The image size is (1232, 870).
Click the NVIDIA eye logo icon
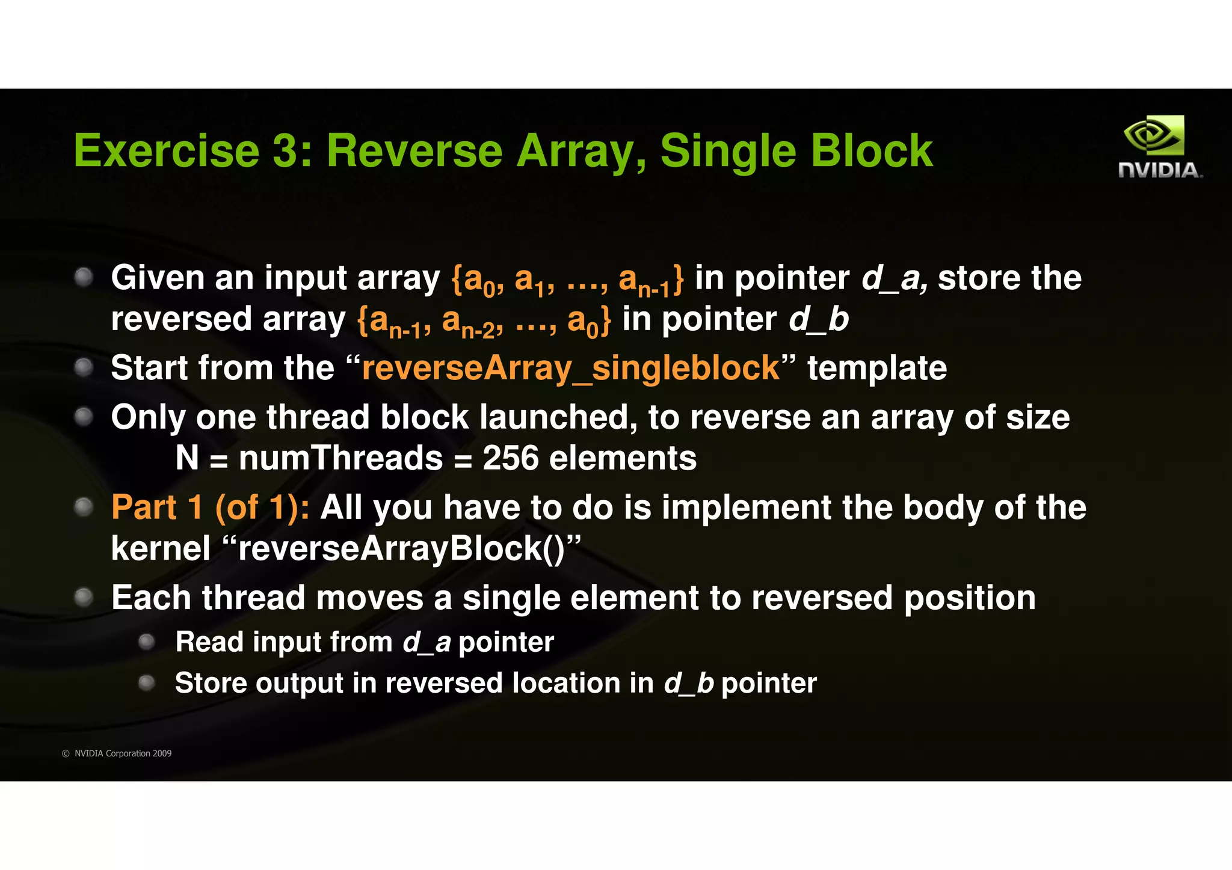(x=1153, y=135)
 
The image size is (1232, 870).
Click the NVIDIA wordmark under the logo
(x=1160, y=171)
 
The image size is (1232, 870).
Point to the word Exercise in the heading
(x=166, y=150)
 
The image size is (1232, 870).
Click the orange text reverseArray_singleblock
(x=570, y=368)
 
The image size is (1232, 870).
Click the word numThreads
(x=340, y=458)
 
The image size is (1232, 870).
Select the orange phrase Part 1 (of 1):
(x=211, y=507)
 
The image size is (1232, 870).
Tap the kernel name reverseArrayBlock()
(x=402, y=548)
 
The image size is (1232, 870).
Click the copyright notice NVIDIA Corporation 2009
(x=122, y=753)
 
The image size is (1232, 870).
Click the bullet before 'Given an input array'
(x=84, y=277)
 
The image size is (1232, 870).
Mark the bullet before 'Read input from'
(x=147, y=642)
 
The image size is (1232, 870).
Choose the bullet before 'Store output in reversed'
(x=147, y=683)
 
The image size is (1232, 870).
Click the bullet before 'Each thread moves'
(x=84, y=598)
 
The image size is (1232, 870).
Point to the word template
(x=876, y=368)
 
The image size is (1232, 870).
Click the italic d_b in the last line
(x=688, y=683)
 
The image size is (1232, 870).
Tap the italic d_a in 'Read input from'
(x=427, y=642)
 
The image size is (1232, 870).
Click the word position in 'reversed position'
(x=970, y=598)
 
